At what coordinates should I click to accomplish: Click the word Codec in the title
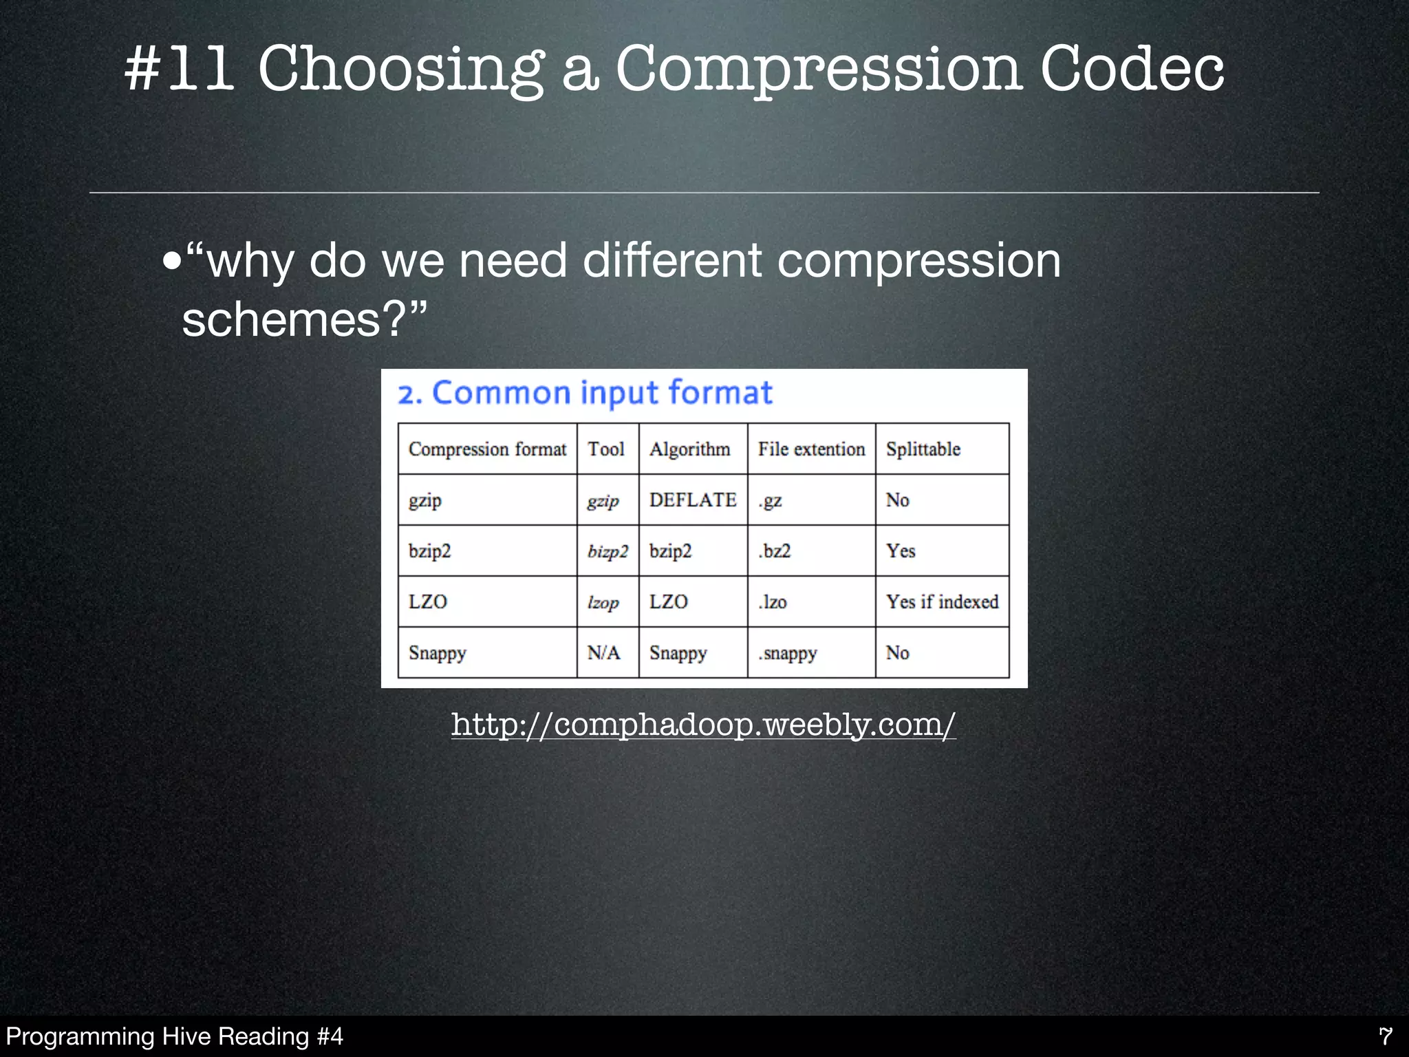tap(1131, 69)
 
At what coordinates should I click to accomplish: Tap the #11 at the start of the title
tap(179, 69)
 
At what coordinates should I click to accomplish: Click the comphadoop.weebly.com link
tap(703, 724)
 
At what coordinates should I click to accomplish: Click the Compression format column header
tap(487, 449)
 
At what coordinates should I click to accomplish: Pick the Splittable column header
tap(923, 449)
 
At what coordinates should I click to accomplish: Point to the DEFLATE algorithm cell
tap(692, 500)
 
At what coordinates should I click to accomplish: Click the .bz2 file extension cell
tap(775, 551)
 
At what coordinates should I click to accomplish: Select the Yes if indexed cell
tap(941, 602)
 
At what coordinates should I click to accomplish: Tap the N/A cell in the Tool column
tap(603, 652)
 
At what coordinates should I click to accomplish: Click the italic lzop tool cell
tap(603, 603)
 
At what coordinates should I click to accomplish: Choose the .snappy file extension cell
tap(787, 653)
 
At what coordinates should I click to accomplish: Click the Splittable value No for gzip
tap(897, 500)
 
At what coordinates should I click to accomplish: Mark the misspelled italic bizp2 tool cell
tap(607, 552)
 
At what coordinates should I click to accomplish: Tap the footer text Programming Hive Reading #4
tap(174, 1036)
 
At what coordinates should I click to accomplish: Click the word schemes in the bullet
tap(281, 320)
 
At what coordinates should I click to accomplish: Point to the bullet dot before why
tap(172, 262)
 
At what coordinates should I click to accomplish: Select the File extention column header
tap(811, 449)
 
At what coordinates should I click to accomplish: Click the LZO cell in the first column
tap(427, 602)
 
